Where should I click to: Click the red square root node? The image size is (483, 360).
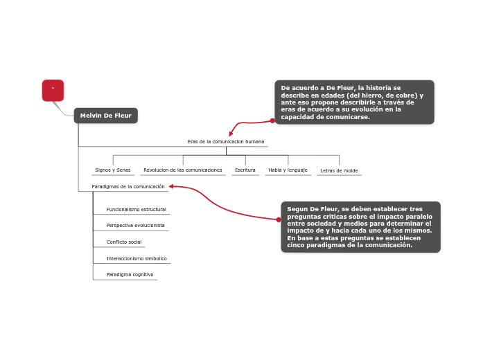53,90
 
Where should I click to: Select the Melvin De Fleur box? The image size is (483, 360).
105,116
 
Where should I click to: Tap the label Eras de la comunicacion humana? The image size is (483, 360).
226,142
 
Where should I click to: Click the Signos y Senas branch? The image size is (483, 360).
113,170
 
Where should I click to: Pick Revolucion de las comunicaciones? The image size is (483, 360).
183,170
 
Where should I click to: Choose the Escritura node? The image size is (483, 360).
245,170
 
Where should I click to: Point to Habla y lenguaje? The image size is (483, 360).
288,170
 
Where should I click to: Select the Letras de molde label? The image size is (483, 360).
339,171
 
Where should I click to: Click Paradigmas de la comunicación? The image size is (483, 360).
128,187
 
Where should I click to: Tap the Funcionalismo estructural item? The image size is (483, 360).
137,209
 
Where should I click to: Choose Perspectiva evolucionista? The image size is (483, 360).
136,226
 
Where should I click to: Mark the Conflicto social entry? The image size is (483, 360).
124,242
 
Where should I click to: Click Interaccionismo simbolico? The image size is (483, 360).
137,259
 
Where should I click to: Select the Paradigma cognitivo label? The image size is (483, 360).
130,275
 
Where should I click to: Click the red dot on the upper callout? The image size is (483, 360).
272,120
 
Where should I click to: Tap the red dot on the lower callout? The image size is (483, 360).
279,219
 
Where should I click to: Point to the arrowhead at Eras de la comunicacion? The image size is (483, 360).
231,134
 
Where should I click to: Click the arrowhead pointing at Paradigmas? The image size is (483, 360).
171,186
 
